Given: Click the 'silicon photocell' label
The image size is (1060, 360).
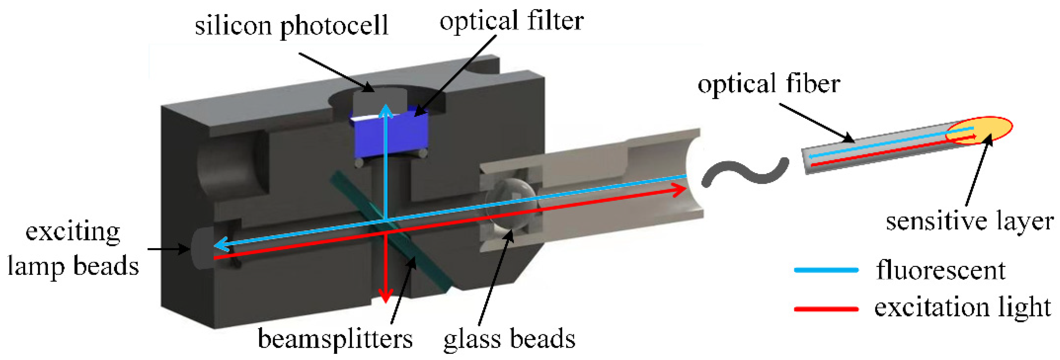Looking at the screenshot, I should coord(291,25).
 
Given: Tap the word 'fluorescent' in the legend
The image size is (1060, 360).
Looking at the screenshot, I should coord(941,270).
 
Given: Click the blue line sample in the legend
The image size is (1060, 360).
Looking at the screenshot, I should coord(826,270).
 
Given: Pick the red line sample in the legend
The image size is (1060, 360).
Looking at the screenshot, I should coord(826,309).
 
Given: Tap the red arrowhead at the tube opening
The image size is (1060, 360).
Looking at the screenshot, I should coord(679,190).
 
